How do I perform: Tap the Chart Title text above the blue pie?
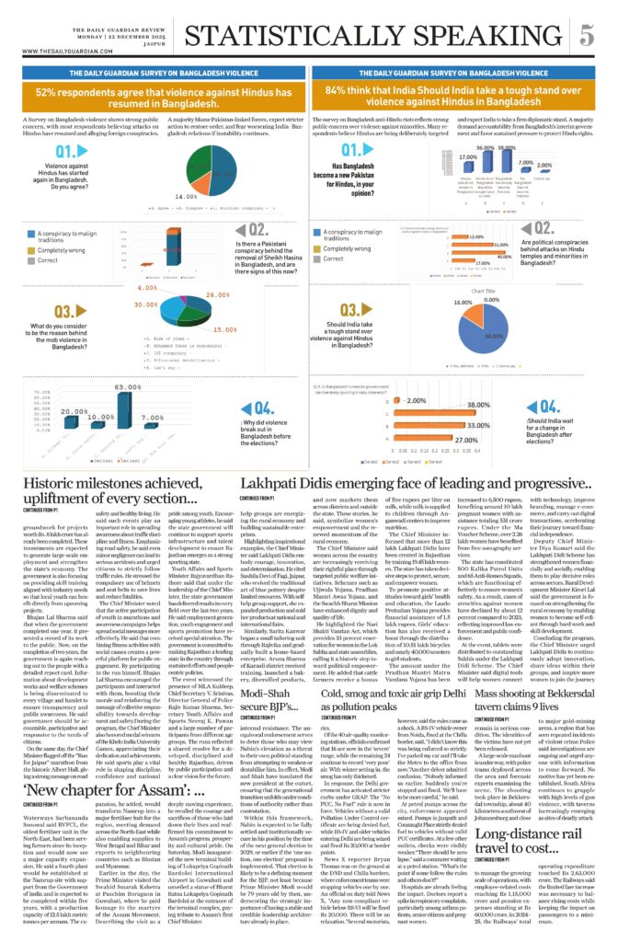(x=484, y=288)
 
